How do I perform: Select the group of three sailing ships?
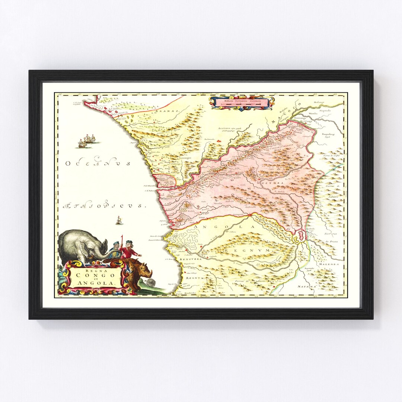coord(87,141)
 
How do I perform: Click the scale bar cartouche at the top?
coord(242,102)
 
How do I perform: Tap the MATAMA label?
coord(306,287)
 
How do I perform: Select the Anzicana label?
coord(228,128)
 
